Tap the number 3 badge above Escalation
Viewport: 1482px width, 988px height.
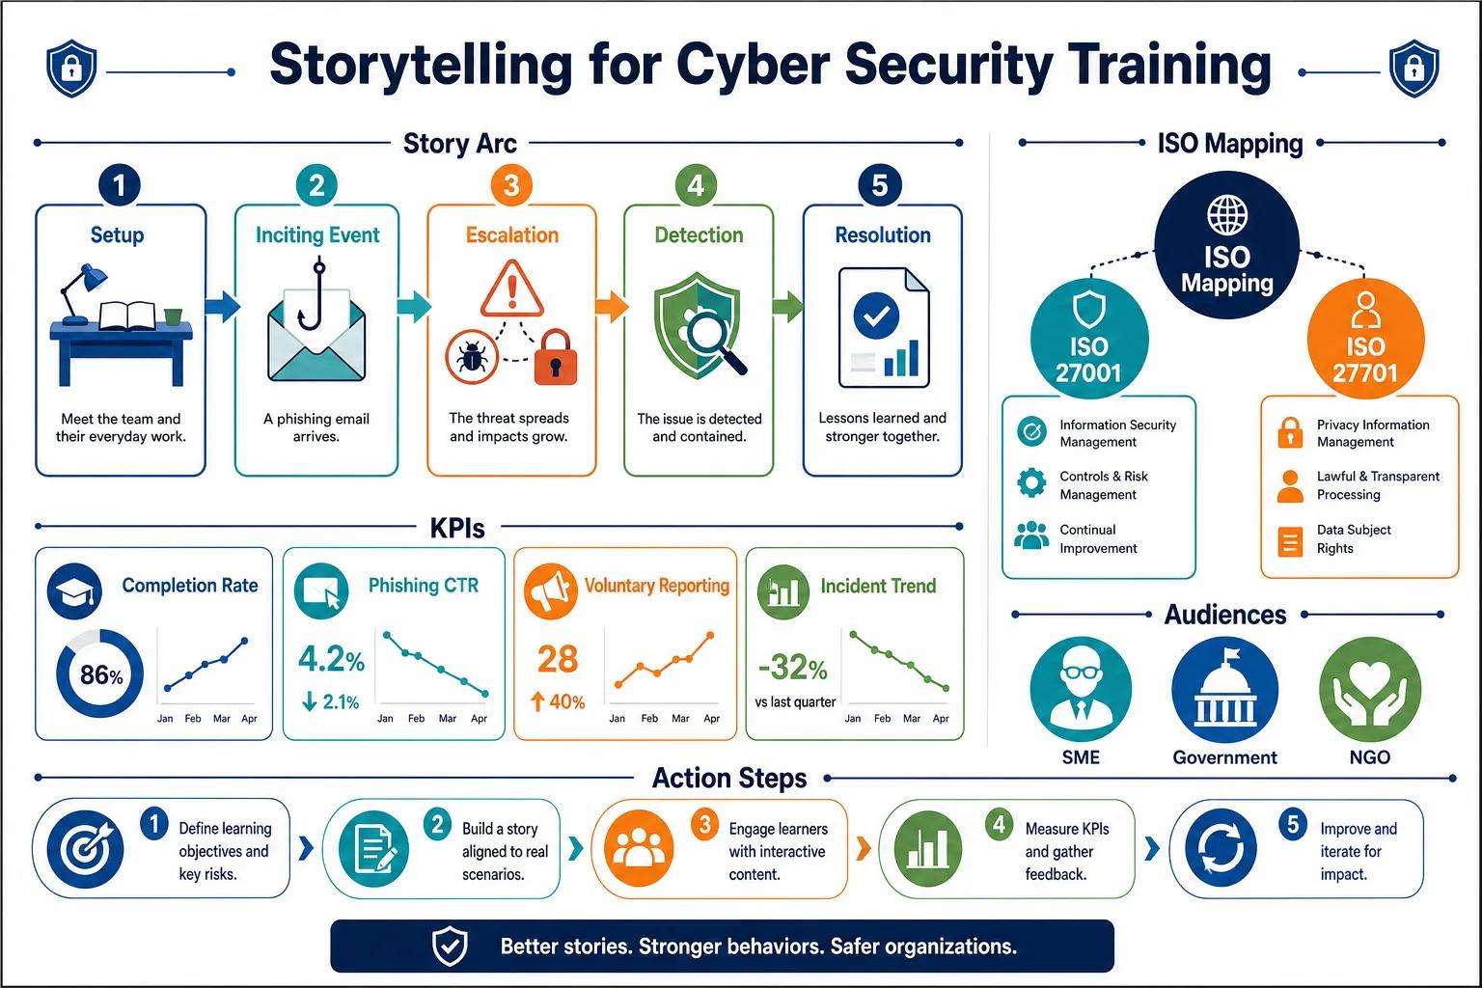click(511, 185)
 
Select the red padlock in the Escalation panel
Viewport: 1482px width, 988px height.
click(556, 357)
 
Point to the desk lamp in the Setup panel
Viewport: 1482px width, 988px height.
click(83, 292)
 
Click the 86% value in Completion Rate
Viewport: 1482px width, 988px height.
click(101, 675)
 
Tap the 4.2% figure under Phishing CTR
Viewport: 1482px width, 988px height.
click(331, 659)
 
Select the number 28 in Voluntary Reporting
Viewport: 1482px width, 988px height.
click(558, 659)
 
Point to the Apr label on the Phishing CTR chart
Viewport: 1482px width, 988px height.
click(479, 718)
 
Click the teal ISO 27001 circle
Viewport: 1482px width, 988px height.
click(1089, 339)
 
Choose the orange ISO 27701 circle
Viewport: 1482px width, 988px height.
click(1365, 339)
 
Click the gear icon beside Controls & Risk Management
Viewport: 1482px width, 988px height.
click(1031, 483)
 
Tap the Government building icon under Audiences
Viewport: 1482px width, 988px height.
click(1224, 690)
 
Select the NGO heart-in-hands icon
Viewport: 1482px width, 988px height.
click(1369, 690)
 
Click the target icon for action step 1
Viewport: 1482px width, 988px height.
click(85, 848)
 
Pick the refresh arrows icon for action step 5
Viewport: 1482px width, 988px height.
click(1221, 848)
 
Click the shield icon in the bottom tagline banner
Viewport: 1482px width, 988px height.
click(450, 946)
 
